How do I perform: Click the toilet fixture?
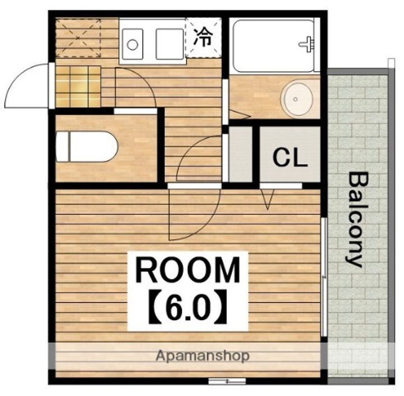click(x=86, y=146)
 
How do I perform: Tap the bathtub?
click(x=273, y=46)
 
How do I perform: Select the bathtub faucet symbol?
click(x=307, y=44)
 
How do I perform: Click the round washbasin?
click(x=297, y=99)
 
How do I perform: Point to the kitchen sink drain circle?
click(x=132, y=45)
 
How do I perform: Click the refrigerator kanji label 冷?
click(x=203, y=38)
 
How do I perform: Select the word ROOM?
click(x=188, y=270)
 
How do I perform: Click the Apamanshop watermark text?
click(x=203, y=356)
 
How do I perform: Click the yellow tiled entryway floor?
click(x=78, y=86)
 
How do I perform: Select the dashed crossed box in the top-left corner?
click(x=79, y=38)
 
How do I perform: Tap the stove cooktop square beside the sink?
click(x=169, y=44)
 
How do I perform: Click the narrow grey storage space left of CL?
click(x=241, y=154)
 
